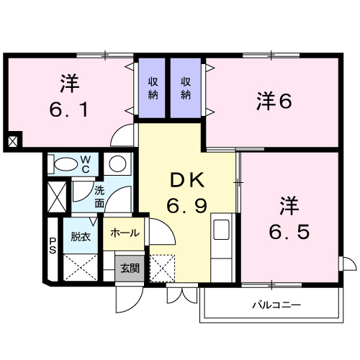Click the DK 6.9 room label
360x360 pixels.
(x=189, y=192)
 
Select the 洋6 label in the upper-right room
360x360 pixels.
(x=274, y=102)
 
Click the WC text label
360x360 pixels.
(x=85, y=163)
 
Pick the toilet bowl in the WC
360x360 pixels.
(x=63, y=164)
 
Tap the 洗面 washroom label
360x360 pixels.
(x=99, y=196)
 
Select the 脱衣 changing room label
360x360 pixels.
(x=79, y=238)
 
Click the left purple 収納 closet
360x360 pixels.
(x=153, y=88)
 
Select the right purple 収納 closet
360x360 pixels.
(x=186, y=88)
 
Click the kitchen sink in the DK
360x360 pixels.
(x=221, y=232)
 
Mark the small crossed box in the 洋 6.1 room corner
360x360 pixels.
(x=13, y=141)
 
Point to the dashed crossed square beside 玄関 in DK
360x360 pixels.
(x=162, y=269)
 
